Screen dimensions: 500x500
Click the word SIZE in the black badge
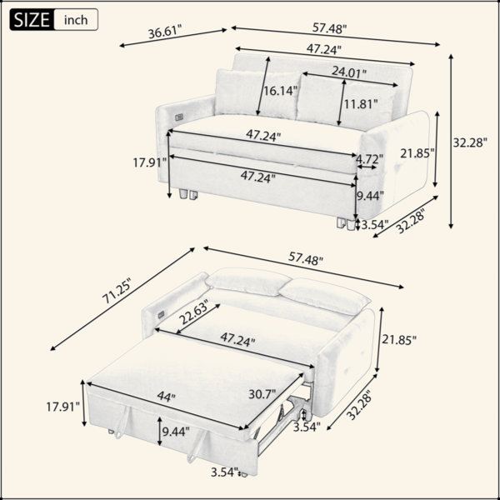click(32, 20)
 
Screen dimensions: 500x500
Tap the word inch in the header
click(76, 20)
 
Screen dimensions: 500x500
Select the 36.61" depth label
click(165, 32)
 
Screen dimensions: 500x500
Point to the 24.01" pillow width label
click(349, 72)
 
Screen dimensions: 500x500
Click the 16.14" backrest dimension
click(280, 91)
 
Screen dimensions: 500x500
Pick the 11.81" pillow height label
click(360, 103)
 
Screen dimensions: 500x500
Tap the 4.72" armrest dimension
click(369, 158)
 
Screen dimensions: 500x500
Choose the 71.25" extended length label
click(117, 291)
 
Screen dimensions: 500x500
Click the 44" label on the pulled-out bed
click(167, 397)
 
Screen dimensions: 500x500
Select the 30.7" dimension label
click(262, 394)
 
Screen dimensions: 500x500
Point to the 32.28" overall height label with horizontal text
click(470, 142)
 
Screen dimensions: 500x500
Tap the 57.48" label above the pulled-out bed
click(306, 258)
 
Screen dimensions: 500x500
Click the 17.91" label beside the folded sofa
click(150, 162)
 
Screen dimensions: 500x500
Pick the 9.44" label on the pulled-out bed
click(176, 432)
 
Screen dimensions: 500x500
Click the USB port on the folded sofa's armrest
click(179, 117)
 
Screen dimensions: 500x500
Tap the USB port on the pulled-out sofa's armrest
click(161, 315)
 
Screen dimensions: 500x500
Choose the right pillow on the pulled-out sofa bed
click(324, 296)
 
